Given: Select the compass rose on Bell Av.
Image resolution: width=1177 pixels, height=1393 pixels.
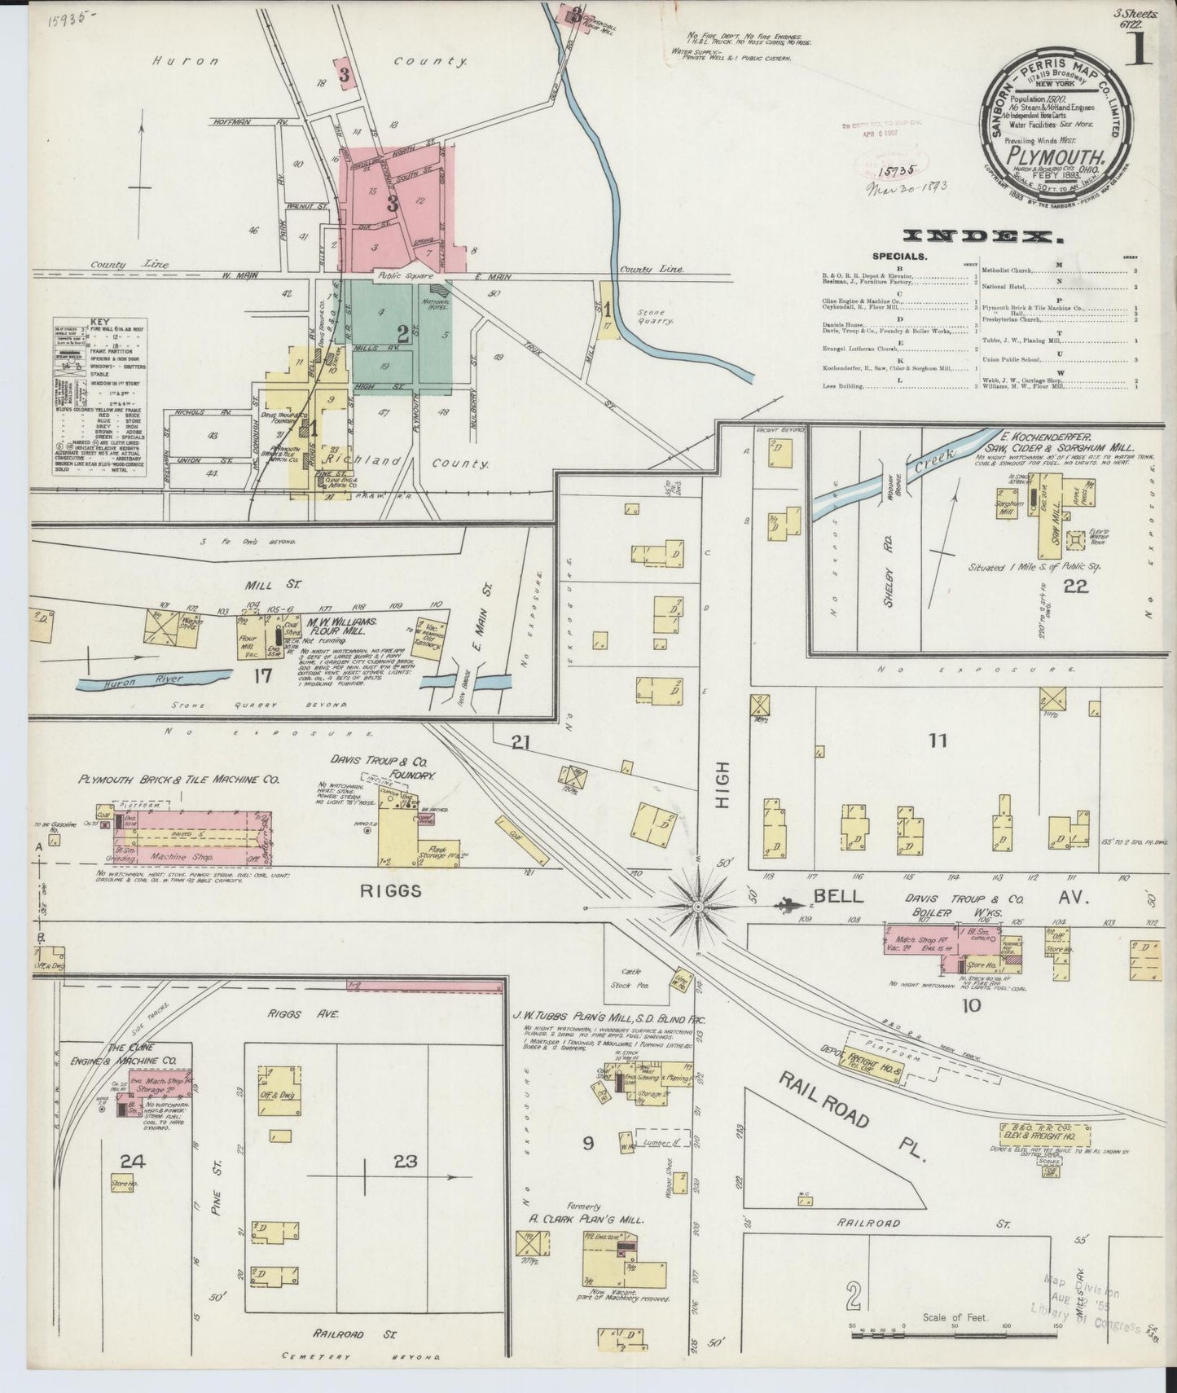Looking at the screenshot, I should [x=698, y=905].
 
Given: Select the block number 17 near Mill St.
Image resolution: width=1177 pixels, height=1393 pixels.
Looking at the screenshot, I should [x=261, y=675].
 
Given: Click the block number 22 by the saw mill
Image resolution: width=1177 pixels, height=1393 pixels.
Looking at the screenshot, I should [x=1075, y=586].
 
